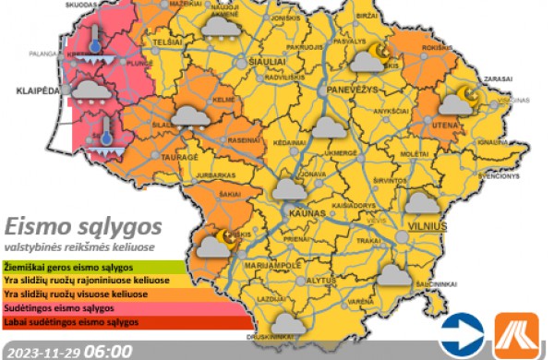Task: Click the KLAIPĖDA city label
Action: (35, 92)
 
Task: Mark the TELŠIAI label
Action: (167, 43)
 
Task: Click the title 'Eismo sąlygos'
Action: (83, 226)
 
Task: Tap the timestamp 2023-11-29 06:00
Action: (66, 351)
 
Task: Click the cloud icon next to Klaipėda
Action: (88, 90)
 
